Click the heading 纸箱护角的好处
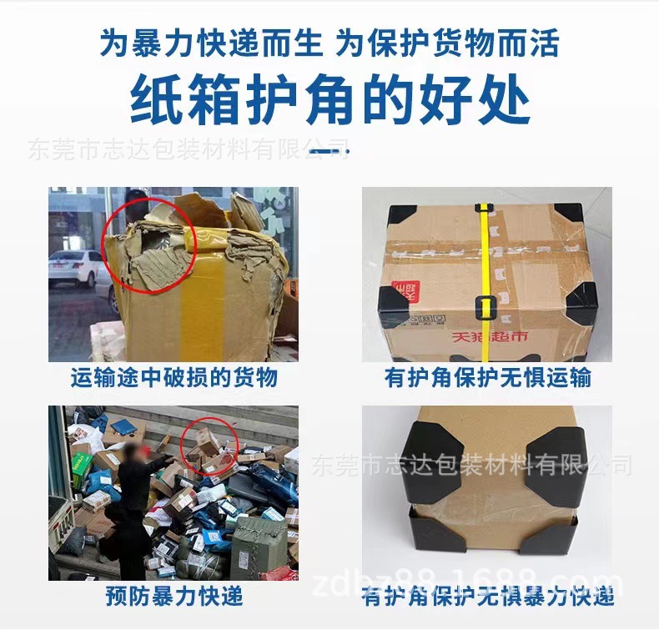tap(329, 99)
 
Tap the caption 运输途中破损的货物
tap(174, 378)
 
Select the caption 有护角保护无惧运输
tap(487, 378)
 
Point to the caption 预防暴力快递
tap(174, 596)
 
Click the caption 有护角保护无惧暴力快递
tap(487, 596)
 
